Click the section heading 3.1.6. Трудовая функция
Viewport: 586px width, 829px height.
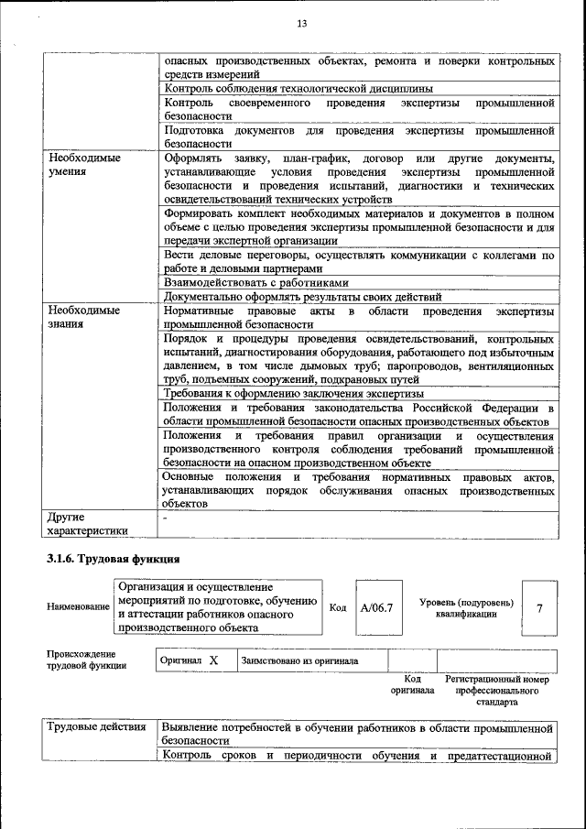[x=113, y=558]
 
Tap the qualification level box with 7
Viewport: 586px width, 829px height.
[x=539, y=607]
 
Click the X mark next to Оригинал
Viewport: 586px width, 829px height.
[x=212, y=660]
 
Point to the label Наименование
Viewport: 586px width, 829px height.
[x=77, y=607]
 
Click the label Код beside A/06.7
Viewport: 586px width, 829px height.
[x=337, y=607]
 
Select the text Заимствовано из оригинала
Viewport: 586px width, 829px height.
[x=299, y=660]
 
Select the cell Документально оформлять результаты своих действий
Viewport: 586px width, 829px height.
[x=302, y=297]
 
